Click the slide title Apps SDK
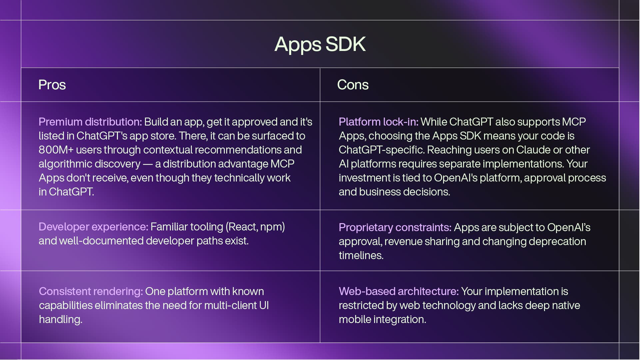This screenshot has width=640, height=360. tap(320, 44)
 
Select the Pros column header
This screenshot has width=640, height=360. tap(52, 85)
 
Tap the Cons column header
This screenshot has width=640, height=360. tap(353, 85)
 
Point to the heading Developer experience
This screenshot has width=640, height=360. tap(93, 227)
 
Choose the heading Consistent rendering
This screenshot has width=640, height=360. tap(91, 291)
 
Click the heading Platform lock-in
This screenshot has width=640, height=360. tap(378, 122)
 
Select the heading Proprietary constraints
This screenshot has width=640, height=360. tap(395, 227)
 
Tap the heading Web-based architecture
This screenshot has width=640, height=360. tap(399, 291)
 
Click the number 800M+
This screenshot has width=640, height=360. tap(56, 150)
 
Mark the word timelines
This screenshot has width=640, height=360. tap(361, 255)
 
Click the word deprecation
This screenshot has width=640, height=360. tap(558, 241)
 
